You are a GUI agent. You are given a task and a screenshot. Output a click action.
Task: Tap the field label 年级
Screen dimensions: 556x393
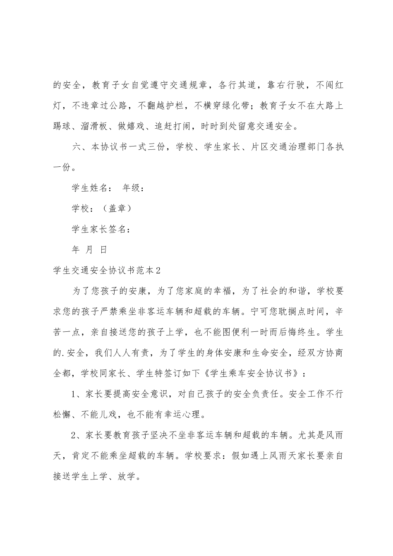click(x=132, y=189)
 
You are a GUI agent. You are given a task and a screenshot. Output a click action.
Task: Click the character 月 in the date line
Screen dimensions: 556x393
click(x=89, y=249)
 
